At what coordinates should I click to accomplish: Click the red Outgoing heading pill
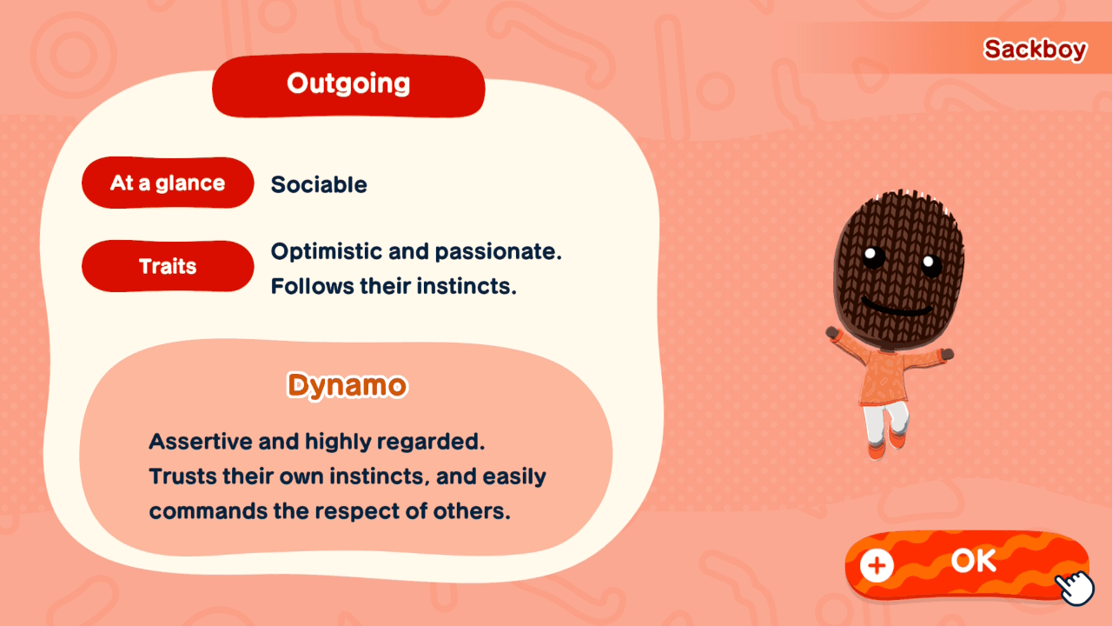pyautogui.click(x=348, y=85)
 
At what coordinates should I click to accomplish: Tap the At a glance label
pyautogui.click(x=168, y=183)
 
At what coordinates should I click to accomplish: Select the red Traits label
pyautogui.click(x=168, y=266)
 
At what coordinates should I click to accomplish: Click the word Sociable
pyautogui.click(x=319, y=185)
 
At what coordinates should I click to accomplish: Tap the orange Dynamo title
pyautogui.click(x=347, y=385)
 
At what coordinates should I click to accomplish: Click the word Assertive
pyautogui.click(x=202, y=442)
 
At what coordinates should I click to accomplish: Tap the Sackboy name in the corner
pyautogui.click(x=1035, y=50)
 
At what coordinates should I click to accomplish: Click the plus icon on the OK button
pyautogui.click(x=877, y=565)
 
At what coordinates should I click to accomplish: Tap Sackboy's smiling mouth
pyautogui.click(x=895, y=308)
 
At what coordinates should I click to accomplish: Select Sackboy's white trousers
pyautogui.click(x=884, y=423)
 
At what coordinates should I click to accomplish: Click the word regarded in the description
pyautogui.click(x=442, y=442)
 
